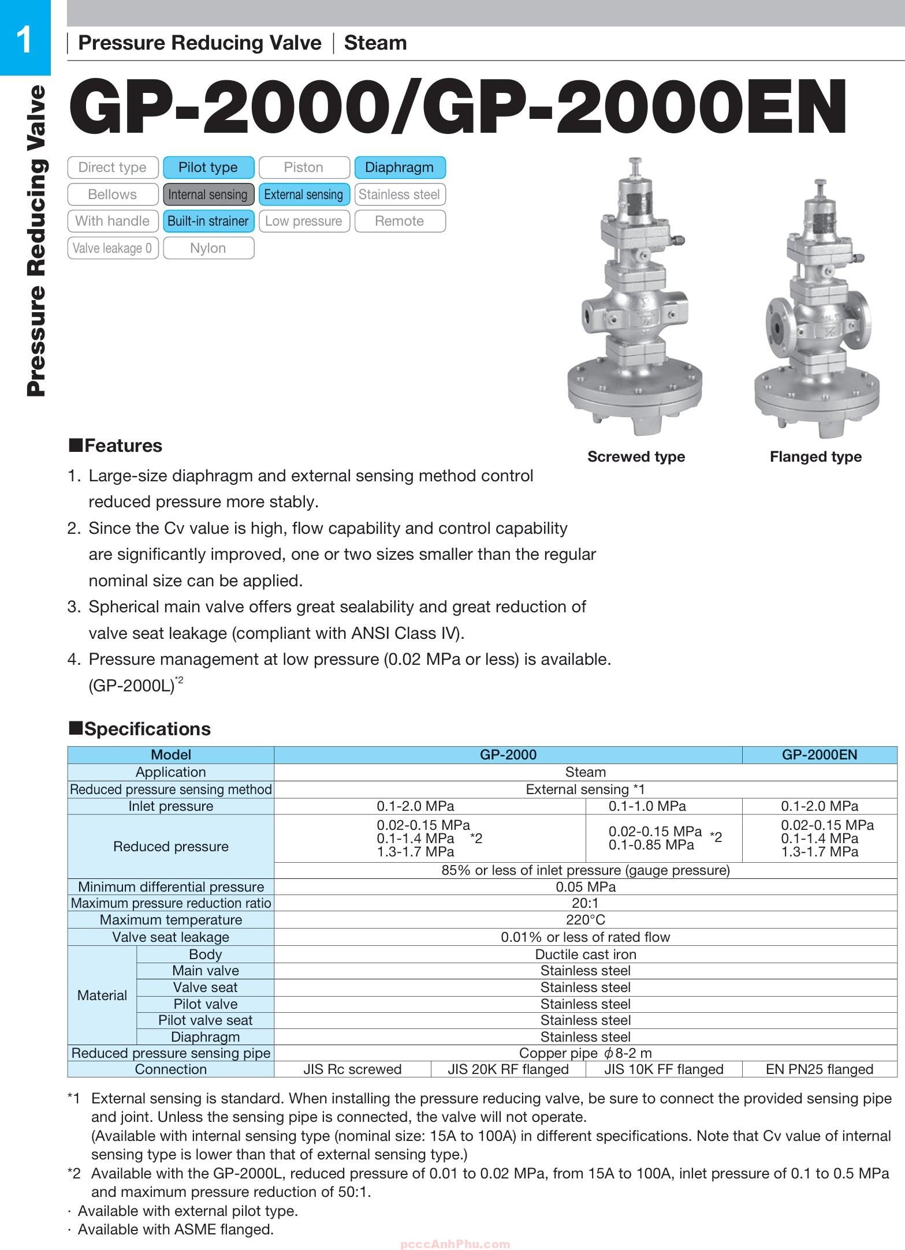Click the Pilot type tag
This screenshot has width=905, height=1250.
(x=208, y=167)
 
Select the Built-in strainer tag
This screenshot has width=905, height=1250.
(x=208, y=221)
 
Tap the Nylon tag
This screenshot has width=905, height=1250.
(x=208, y=248)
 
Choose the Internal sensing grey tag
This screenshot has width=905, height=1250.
(x=208, y=194)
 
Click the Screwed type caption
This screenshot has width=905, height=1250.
(x=636, y=456)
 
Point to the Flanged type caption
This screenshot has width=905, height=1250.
(x=815, y=456)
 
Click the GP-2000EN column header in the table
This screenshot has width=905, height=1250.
(x=820, y=754)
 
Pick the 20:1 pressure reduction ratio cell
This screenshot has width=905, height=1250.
(x=585, y=903)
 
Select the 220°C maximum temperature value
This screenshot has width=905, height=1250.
(x=585, y=920)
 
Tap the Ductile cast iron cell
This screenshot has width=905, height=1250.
(x=585, y=955)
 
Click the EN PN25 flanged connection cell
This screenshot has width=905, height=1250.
(x=820, y=1069)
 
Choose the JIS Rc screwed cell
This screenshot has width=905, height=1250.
(x=352, y=1069)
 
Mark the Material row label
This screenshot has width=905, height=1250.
(x=102, y=995)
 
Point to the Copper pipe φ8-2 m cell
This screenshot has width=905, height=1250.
(x=585, y=1053)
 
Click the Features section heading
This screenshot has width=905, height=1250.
(x=116, y=446)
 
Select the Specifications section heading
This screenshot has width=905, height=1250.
(x=140, y=729)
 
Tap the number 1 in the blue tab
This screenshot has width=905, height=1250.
(x=24, y=40)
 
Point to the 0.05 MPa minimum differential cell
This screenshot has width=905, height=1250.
(x=585, y=887)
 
